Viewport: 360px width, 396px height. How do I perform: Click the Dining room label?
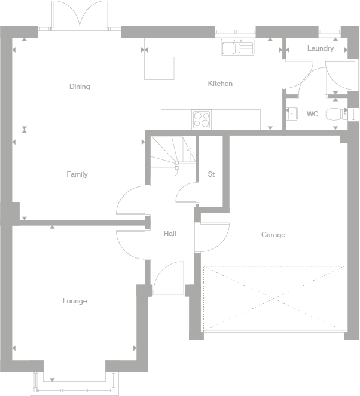[80, 87]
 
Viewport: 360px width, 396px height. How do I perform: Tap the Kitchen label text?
[220, 84]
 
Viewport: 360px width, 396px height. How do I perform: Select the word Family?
[77, 174]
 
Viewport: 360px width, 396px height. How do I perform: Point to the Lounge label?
[75, 301]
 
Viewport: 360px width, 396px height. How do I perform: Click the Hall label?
[170, 234]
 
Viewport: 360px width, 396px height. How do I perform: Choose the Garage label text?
[273, 235]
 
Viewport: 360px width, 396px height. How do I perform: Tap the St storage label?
[211, 174]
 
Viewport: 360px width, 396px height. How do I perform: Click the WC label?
[312, 114]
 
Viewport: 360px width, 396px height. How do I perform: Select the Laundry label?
[321, 48]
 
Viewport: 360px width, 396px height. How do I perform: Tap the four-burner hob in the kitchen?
[202, 119]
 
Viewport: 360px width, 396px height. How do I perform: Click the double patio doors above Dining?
[80, 15]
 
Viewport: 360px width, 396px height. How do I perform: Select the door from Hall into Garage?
[212, 231]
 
